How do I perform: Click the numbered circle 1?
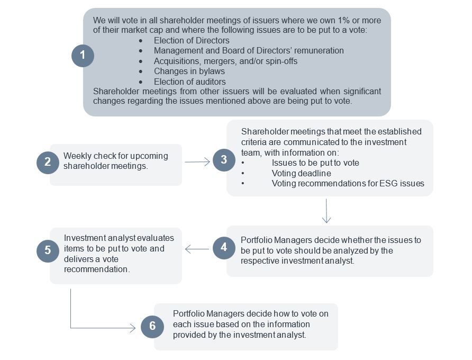[x=83, y=56]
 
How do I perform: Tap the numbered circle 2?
[x=48, y=162]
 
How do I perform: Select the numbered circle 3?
[x=224, y=160]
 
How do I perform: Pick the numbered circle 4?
[x=224, y=248]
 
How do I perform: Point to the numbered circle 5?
[x=48, y=250]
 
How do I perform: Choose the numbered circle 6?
[x=152, y=327]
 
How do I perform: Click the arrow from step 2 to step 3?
[x=197, y=163]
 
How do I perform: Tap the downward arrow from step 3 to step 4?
[x=326, y=211]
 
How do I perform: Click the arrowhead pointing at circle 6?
[x=133, y=328]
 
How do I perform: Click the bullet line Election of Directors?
[x=192, y=40]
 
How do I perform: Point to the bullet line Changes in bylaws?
[x=189, y=71]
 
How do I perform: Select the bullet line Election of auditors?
[x=189, y=82]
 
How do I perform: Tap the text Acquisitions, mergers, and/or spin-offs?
[x=225, y=61]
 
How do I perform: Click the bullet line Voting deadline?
[x=301, y=173]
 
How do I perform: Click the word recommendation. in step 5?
[x=96, y=269]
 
